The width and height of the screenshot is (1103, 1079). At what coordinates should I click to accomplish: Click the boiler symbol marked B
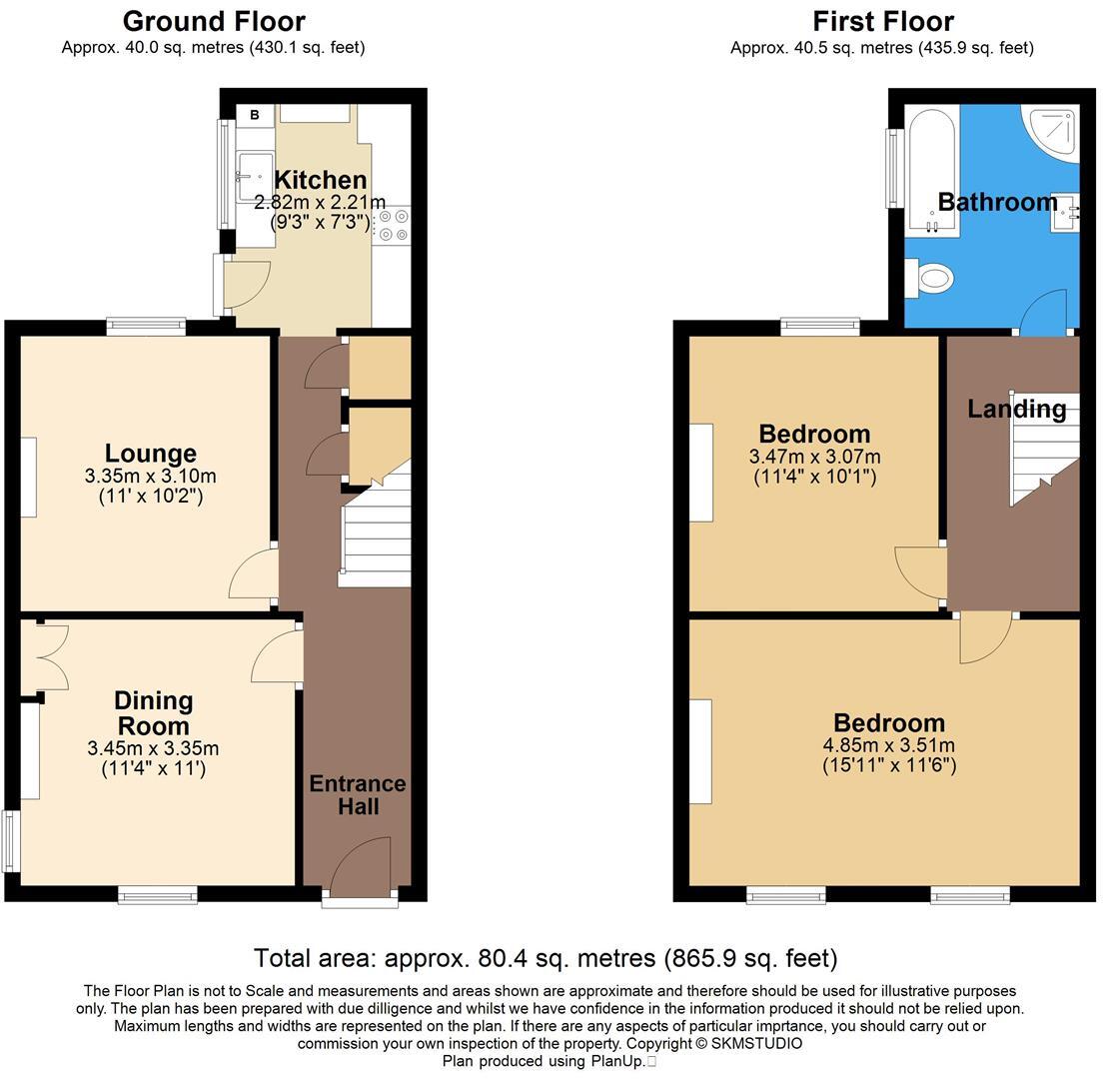point(255,115)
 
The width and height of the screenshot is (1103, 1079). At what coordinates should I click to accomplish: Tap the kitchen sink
point(253,176)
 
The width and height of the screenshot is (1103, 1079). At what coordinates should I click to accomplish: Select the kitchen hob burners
point(394,225)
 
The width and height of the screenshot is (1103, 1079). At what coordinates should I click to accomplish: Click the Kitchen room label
point(320,181)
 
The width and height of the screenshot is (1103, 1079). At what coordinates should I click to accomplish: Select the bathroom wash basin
point(1064,211)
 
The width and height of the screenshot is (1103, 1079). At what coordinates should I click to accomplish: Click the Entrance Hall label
point(358,794)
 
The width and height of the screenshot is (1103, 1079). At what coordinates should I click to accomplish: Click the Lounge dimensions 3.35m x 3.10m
point(151,476)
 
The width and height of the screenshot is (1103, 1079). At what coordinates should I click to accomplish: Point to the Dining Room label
point(153,713)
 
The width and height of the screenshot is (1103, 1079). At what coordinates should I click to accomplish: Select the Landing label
point(1016,409)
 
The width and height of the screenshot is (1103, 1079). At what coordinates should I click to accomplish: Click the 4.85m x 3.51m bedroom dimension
point(889,745)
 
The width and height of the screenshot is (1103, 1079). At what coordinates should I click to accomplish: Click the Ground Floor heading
point(214,21)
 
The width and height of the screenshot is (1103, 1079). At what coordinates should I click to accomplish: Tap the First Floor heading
point(882,21)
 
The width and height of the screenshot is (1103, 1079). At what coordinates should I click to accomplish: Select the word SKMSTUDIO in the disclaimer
point(757,1043)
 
